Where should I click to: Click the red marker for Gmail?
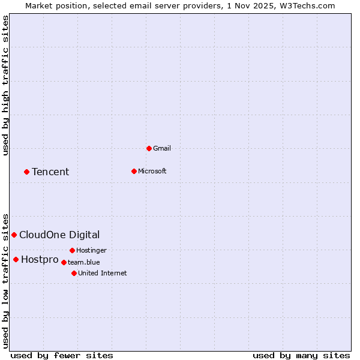coord(149,148)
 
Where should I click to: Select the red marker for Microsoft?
coord(134,171)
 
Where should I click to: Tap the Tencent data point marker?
coord(26,172)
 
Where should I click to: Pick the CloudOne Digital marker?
coord(14,235)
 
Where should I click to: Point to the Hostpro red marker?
coord(16,259)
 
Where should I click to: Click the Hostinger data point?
coord(72,250)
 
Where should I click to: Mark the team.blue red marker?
coord(64,262)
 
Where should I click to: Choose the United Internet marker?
coord(74,273)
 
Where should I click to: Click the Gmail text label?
coord(162,148)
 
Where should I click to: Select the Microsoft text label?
coord(152,171)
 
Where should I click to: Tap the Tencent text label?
coord(50,172)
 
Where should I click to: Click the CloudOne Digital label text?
coord(59,235)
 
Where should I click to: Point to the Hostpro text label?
coord(40,260)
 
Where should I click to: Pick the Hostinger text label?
coord(91,250)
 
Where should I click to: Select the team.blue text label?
coord(84,262)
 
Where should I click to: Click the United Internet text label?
coord(103,273)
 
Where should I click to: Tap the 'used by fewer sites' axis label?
coord(62,355)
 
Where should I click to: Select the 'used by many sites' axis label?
coord(301,355)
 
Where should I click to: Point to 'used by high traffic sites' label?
coord(6,85)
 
